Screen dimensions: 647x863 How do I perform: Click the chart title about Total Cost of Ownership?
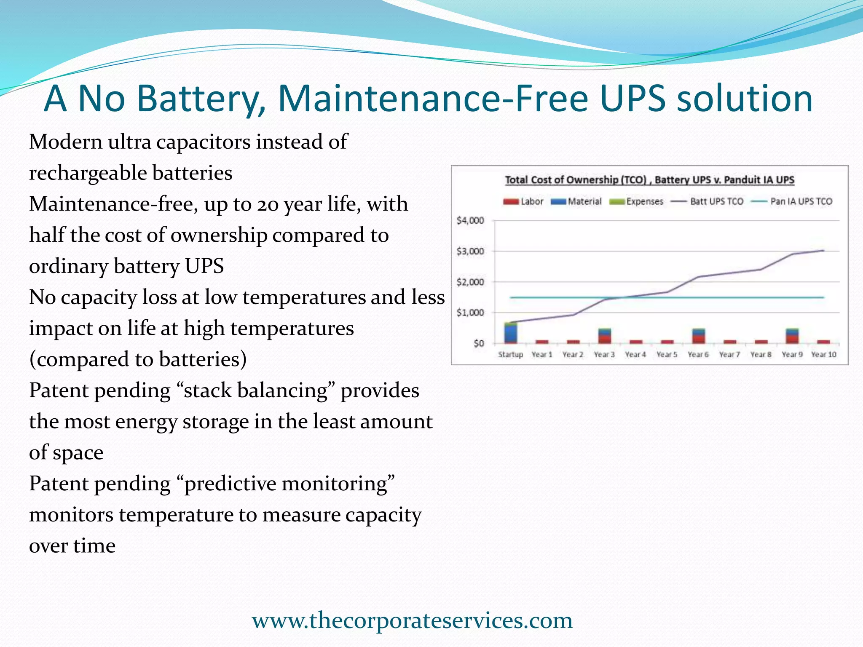[x=649, y=180]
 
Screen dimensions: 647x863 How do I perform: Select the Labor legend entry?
[x=523, y=202]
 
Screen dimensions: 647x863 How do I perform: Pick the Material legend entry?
[x=576, y=202]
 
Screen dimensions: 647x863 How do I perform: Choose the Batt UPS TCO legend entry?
[x=708, y=202]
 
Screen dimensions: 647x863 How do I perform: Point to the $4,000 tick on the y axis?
[x=470, y=220]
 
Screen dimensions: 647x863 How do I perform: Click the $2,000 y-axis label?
[x=470, y=282]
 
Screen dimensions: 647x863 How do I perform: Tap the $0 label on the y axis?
[x=478, y=343]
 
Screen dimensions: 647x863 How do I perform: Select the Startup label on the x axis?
[x=510, y=355]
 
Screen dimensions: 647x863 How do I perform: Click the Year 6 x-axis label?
[x=698, y=355]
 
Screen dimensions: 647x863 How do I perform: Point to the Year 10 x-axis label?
[x=823, y=355]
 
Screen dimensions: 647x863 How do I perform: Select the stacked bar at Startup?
[x=511, y=333]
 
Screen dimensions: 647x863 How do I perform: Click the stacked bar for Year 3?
[x=604, y=336]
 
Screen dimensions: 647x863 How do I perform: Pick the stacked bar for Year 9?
[x=792, y=336]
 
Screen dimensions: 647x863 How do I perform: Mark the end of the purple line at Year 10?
[x=823, y=251]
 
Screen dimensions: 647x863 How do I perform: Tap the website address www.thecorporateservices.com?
[x=412, y=620]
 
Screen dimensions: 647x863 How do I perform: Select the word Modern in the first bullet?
[x=66, y=142]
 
